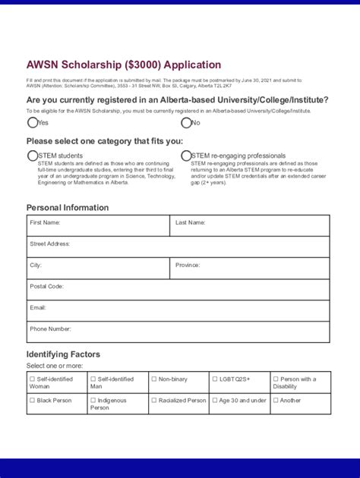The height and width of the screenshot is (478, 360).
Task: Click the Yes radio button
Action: tap(32, 122)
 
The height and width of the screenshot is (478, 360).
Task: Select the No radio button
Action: tap(186, 122)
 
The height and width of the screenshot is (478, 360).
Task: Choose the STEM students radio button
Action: tap(32, 156)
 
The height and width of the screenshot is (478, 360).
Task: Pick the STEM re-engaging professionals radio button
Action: tap(186, 156)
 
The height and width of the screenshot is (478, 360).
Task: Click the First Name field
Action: tap(98, 225)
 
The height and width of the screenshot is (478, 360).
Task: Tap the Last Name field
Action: tap(250, 225)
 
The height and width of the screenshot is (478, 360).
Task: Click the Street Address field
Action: tap(178, 247)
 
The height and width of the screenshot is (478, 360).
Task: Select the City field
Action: tap(98, 268)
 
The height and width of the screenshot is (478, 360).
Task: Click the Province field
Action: tap(250, 268)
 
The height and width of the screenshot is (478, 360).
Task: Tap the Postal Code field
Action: tap(178, 289)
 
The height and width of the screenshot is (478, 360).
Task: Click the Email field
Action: tap(178, 310)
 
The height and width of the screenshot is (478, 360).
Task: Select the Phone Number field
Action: tap(178, 332)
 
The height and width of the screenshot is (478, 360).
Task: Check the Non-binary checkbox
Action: tap(153, 379)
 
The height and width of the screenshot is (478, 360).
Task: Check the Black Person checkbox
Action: tap(32, 400)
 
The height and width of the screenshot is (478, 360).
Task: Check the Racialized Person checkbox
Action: tap(153, 400)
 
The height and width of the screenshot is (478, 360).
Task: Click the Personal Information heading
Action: tap(68, 207)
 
